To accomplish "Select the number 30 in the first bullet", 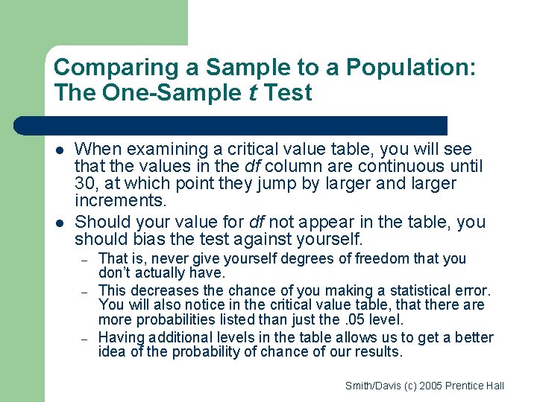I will point(88,183).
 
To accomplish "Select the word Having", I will point(122,338).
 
